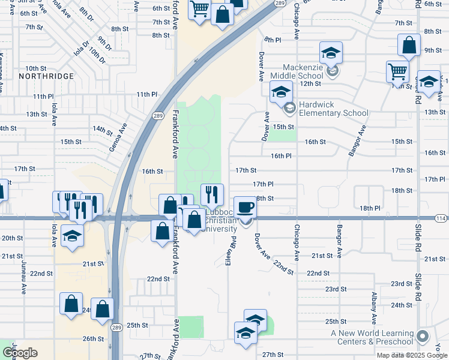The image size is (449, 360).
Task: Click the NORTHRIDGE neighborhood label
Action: click(x=46, y=76)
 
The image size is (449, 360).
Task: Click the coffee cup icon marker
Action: click(x=245, y=208)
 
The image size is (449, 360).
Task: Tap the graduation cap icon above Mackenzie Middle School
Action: click(x=330, y=53)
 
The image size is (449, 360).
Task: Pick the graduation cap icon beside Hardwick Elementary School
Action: click(x=280, y=92)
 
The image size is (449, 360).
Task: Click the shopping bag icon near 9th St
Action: click(x=409, y=45)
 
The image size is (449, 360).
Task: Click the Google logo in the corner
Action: click(x=20, y=353)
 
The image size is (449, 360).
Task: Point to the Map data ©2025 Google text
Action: click(x=411, y=355)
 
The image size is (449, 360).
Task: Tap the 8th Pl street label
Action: click(x=273, y=40)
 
